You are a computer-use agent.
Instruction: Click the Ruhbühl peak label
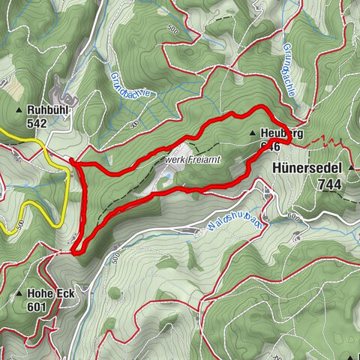pyautogui.click(x=51, y=108)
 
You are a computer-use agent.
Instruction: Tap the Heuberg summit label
pyautogui.click(x=282, y=133)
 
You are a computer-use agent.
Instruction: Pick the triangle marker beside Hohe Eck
pyautogui.click(x=18, y=293)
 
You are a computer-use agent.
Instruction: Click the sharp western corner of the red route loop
pyautogui.click(x=71, y=160)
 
